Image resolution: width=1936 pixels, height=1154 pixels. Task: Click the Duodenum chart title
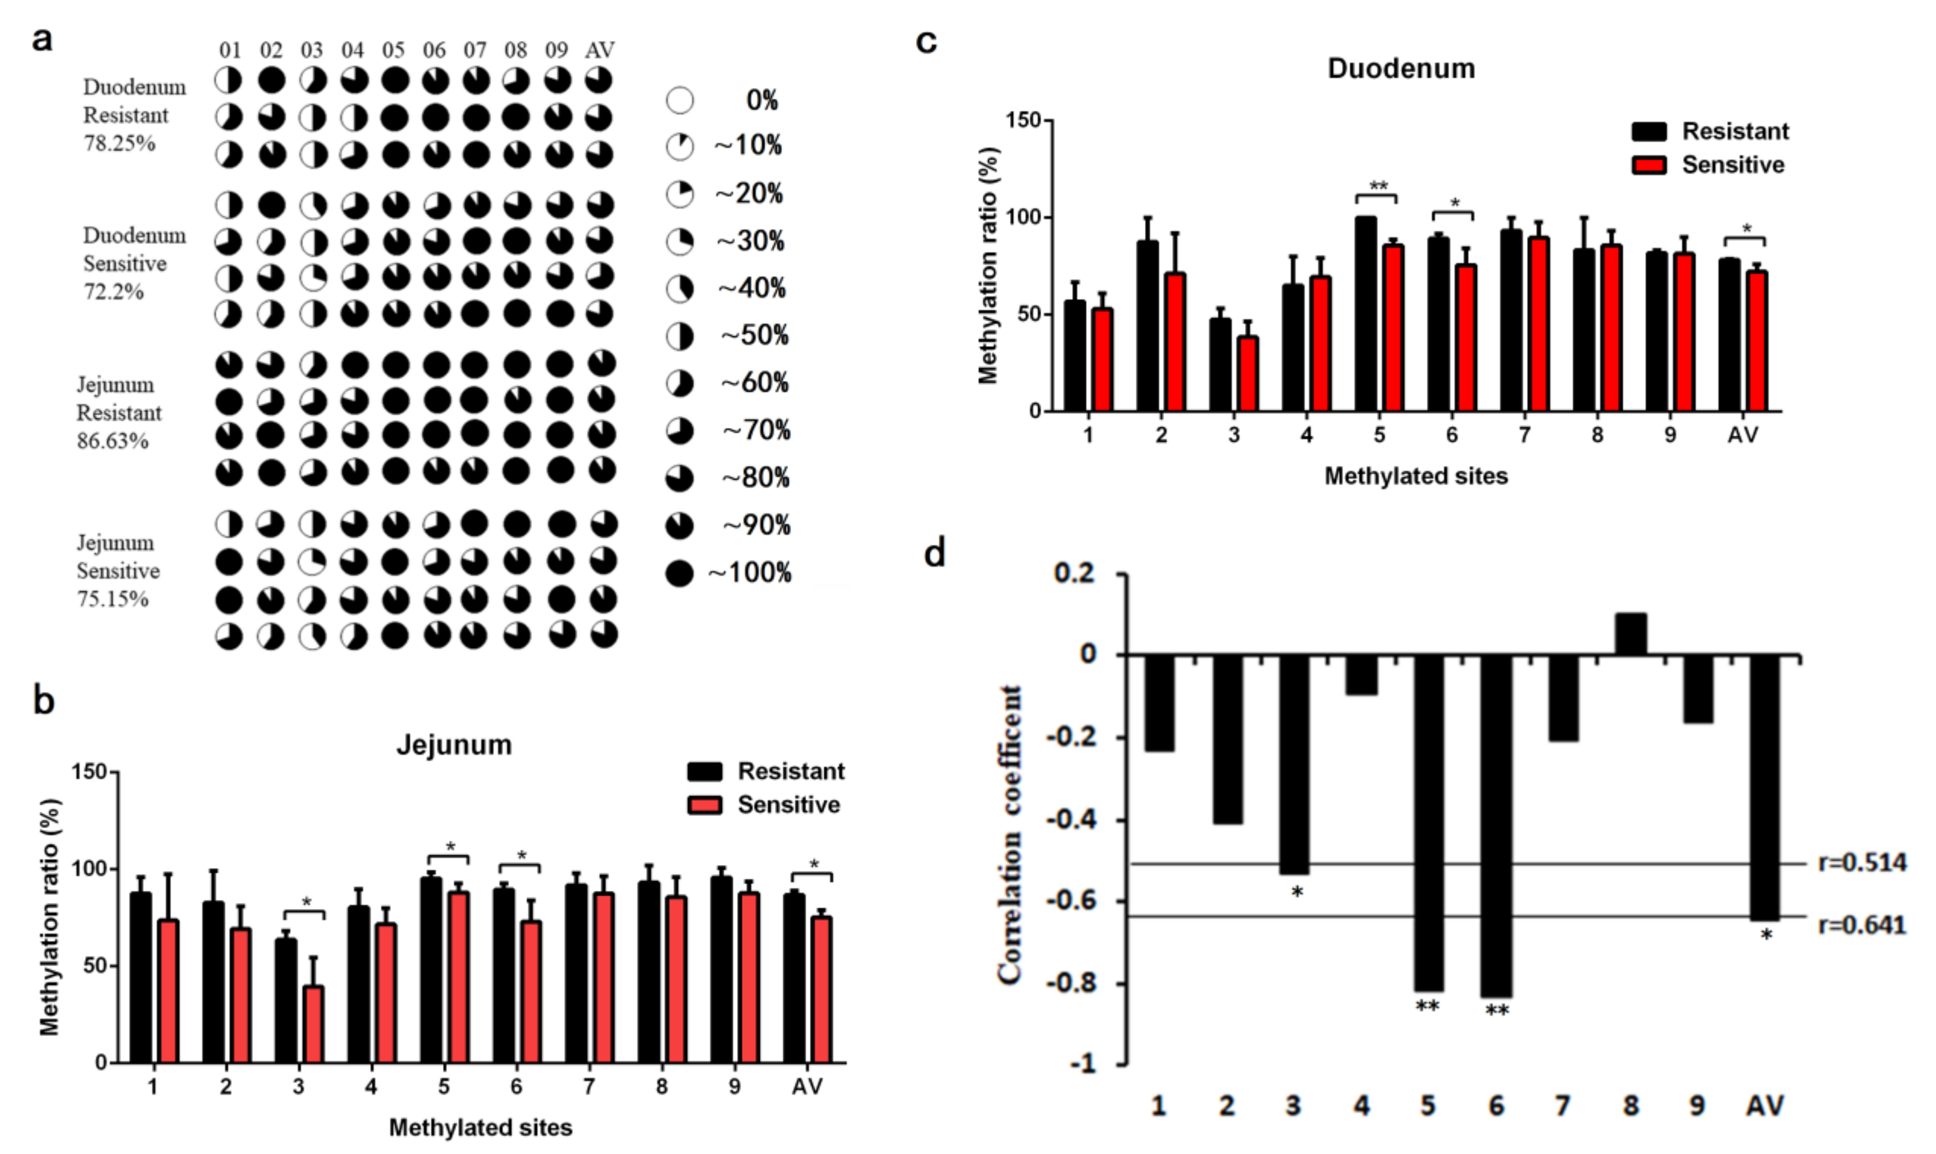1400,68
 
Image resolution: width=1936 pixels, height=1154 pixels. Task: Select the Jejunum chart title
454,744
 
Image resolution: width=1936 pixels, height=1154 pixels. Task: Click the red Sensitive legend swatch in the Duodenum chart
1649,165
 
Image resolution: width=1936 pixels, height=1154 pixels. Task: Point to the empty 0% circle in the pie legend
680,101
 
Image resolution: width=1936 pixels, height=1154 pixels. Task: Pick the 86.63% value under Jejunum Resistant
112,441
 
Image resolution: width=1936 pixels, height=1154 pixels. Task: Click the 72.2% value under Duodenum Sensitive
114,292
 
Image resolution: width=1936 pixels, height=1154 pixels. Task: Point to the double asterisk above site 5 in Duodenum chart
1378,186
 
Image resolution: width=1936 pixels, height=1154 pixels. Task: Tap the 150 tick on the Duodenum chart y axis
1024,121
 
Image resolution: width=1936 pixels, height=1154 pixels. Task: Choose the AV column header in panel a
600,51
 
